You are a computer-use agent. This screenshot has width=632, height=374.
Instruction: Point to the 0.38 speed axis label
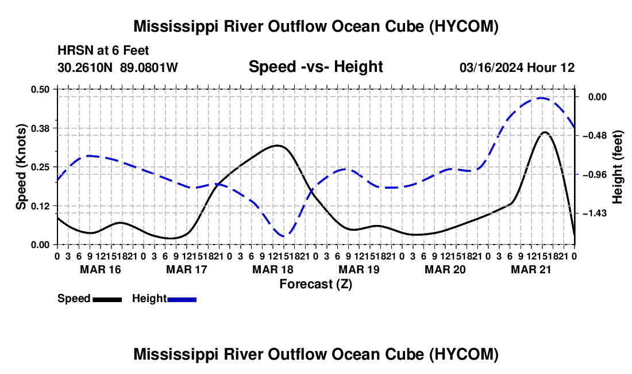40,128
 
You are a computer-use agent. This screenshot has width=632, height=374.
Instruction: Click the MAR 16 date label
101,269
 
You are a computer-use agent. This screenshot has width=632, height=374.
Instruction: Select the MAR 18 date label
273,269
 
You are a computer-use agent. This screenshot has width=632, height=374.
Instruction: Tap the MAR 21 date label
531,269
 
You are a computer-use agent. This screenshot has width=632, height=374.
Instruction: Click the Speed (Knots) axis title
21,167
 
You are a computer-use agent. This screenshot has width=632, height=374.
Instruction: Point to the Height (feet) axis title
618,167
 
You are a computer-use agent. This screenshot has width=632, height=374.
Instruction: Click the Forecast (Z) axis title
315,284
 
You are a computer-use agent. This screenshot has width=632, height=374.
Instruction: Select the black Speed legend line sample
107,299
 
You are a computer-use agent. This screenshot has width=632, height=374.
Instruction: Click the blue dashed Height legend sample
182,299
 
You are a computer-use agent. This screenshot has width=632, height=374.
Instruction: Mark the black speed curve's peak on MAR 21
545,132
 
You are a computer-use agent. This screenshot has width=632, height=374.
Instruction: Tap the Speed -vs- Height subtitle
315,67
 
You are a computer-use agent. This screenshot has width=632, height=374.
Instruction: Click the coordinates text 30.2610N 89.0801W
117,67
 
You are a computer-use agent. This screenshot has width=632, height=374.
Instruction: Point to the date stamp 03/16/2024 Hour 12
517,67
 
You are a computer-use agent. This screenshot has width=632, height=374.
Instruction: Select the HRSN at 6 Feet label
103,51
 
